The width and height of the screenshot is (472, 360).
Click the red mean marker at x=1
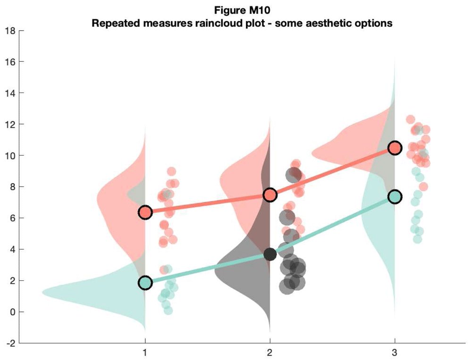click(145, 212)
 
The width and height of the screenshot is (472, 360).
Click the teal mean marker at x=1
click(145, 283)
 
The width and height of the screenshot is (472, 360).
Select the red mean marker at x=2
click(270, 194)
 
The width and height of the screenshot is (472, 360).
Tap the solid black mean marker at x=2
click(270, 254)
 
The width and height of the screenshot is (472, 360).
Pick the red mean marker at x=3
click(395, 148)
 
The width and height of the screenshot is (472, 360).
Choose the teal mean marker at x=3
click(395, 197)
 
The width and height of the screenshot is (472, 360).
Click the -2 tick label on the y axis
click(9, 343)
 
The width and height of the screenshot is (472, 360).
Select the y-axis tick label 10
click(9, 156)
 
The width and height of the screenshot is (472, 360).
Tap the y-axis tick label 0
click(12, 312)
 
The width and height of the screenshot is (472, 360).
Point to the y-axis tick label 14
click(9, 93)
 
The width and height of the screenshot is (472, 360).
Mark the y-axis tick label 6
click(12, 218)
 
